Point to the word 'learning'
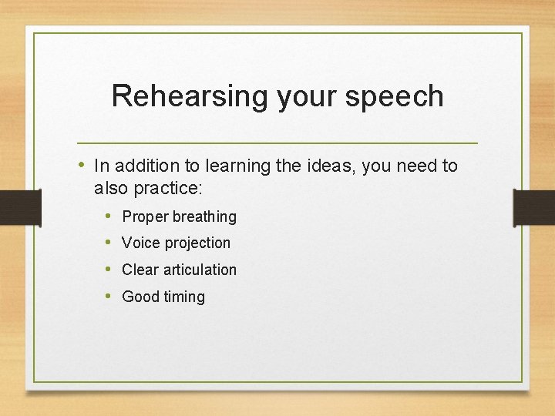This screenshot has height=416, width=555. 220,166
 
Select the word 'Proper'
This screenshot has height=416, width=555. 145,217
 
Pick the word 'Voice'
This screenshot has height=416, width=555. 140,243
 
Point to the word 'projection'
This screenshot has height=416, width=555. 197,243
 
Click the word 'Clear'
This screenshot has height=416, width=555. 140,270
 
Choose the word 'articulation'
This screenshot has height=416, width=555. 200,270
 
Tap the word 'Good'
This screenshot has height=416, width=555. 140,297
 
